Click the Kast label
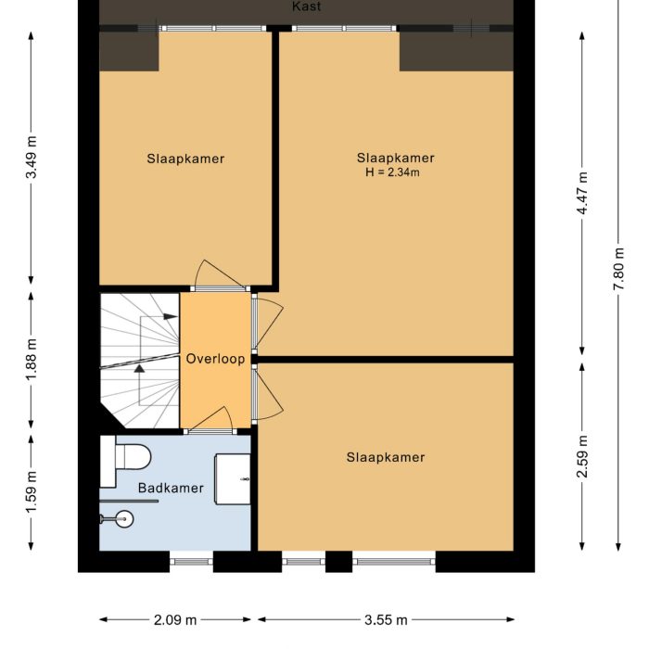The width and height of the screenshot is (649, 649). pyautogui.click(x=306, y=6)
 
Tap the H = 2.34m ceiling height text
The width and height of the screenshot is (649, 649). pyautogui.click(x=392, y=172)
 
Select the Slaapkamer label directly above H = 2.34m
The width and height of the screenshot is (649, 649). pyautogui.click(x=396, y=158)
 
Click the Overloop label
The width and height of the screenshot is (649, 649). pyautogui.click(x=215, y=359)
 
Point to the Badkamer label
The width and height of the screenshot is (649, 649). pyautogui.click(x=171, y=488)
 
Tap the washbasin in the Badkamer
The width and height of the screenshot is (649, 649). pyautogui.click(x=232, y=478)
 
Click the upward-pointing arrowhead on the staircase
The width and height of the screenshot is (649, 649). pyautogui.click(x=139, y=367)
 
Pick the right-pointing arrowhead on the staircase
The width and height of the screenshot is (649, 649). pyautogui.click(x=171, y=317)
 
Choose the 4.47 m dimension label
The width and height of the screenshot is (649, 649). pyautogui.click(x=582, y=195)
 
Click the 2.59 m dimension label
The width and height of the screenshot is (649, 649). pyautogui.click(x=582, y=456)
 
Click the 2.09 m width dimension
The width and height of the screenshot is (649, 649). pyautogui.click(x=175, y=619)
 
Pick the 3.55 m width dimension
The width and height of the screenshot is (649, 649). pyautogui.click(x=385, y=619)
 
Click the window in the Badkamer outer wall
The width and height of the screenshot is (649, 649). pyautogui.click(x=192, y=561)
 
